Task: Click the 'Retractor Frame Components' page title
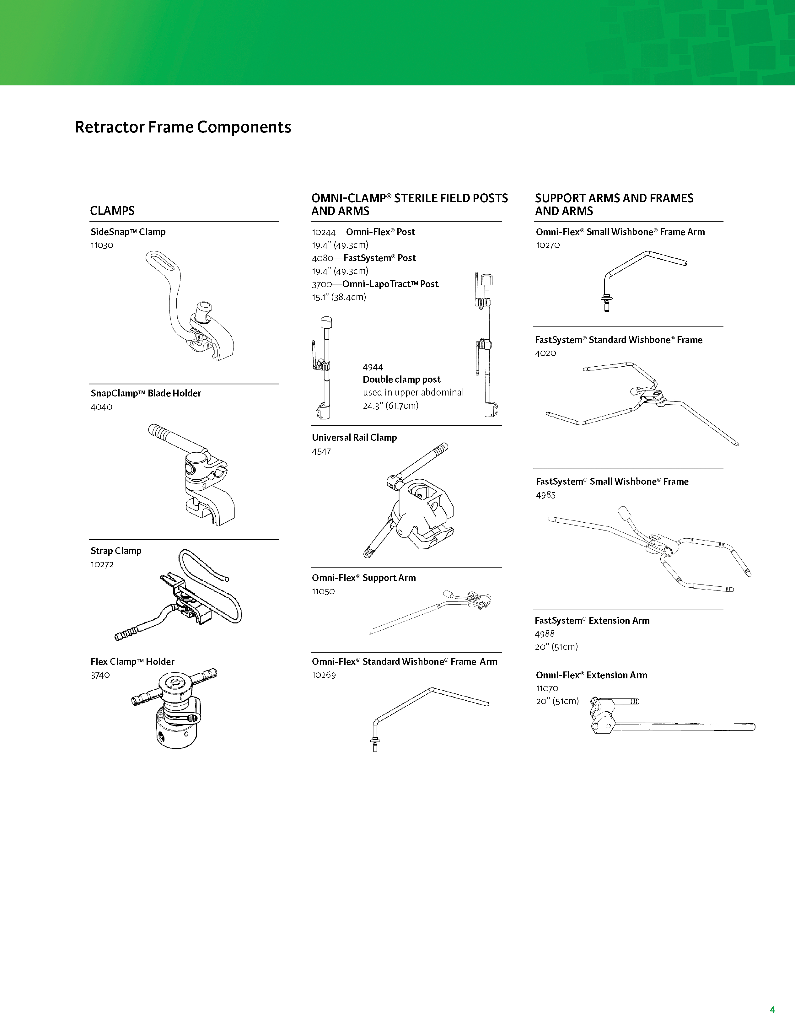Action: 183,127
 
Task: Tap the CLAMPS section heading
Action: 112,211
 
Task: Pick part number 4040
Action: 101,407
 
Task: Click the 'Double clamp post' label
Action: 401,379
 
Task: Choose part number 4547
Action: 321,451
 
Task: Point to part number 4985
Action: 545,495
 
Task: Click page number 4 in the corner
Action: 772,1010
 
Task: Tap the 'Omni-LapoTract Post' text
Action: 390,284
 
